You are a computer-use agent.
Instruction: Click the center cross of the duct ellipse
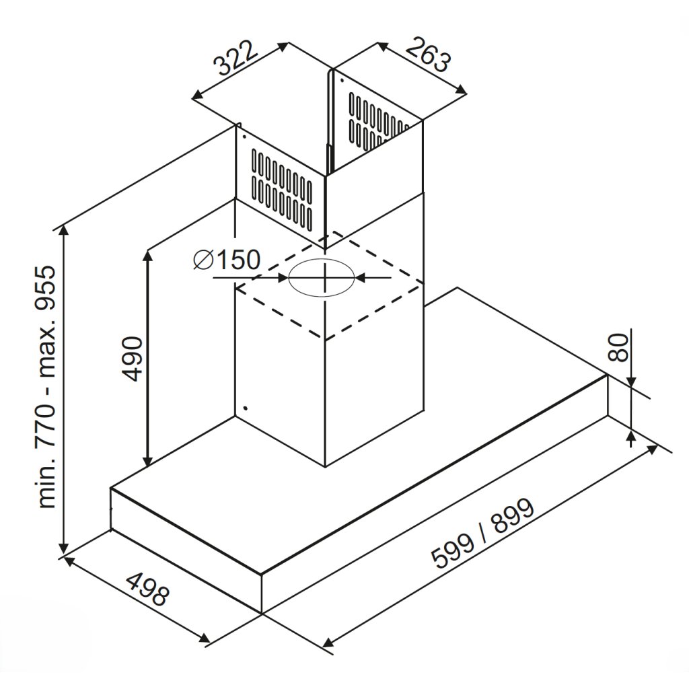click(324, 277)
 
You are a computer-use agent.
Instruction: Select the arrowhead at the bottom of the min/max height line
click(64, 546)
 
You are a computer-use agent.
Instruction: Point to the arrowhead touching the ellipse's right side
click(359, 277)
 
